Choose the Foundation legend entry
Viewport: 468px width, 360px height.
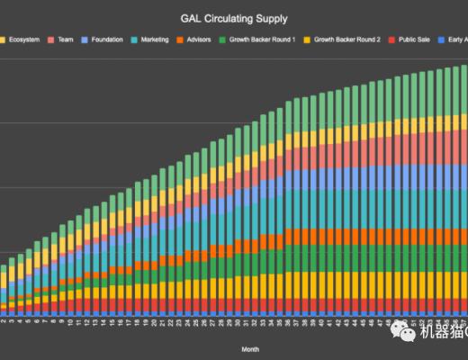click(x=105, y=40)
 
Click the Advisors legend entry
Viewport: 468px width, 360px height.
click(x=204, y=40)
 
